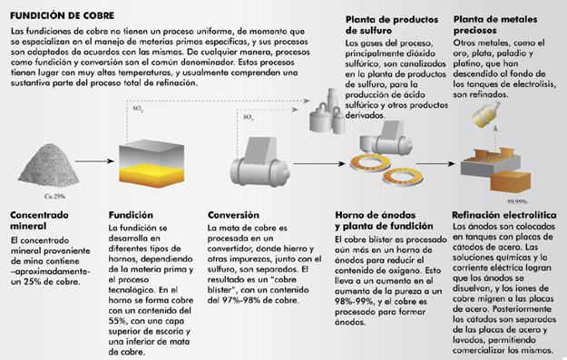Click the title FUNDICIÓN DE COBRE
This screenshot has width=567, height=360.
tap(63, 15)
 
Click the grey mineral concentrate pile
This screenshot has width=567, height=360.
tap(49, 166)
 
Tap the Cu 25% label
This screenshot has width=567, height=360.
tap(54, 196)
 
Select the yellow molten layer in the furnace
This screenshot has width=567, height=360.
tap(152, 175)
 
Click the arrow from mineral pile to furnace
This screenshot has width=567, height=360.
tap(94, 161)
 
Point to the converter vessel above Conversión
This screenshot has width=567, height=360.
tap(259, 162)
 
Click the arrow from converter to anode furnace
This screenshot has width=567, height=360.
tap(319, 164)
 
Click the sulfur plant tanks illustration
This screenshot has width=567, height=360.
tap(327, 112)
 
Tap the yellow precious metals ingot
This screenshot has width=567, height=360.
tap(486, 114)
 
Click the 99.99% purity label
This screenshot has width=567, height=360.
tap(517, 201)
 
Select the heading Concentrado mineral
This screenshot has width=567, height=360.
tap(39, 220)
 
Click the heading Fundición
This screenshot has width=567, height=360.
tap(131, 215)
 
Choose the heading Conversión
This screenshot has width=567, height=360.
tap(233, 215)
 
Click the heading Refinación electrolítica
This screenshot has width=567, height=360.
tap(504, 215)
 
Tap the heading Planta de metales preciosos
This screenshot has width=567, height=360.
tap(495, 24)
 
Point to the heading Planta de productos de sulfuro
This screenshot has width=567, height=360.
tap(392, 25)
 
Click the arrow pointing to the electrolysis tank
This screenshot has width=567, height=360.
tap(435, 164)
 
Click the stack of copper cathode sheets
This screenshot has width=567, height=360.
tap(510, 181)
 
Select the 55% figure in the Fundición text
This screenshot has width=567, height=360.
tap(116, 321)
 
